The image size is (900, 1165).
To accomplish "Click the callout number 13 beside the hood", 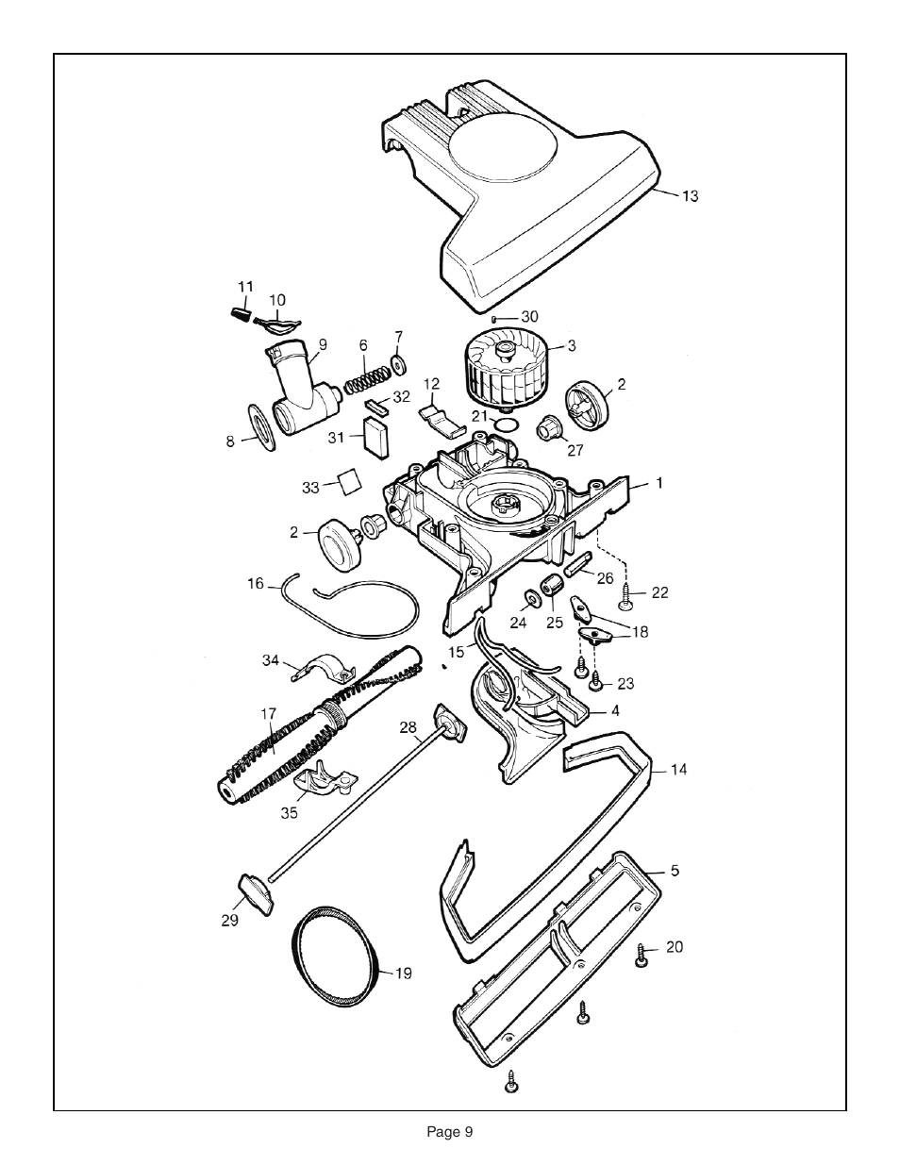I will coord(691,196).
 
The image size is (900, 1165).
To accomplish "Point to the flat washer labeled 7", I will coord(396,364).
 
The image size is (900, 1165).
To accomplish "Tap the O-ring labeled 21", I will coord(507,424).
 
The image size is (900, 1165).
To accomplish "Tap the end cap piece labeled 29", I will coord(255,890).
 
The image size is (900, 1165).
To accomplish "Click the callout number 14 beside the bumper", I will coord(678,770).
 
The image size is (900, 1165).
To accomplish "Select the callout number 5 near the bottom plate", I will coord(675,871).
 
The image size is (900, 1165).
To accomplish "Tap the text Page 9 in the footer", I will coord(449,1132).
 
